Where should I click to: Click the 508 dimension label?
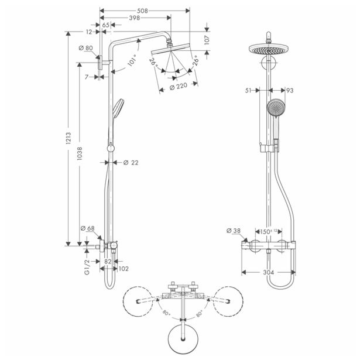pyautogui.click(x=139, y=9)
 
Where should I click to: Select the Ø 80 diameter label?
pyautogui.click(x=85, y=48)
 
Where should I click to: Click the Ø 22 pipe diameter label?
pyautogui.click(x=130, y=162)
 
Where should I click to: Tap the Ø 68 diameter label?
pyautogui.click(x=87, y=228)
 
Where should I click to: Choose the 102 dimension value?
pyautogui.click(x=123, y=269)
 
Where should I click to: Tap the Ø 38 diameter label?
pyautogui.click(x=234, y=231)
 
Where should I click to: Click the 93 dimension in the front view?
pyautogui.click(x=289, y=90)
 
